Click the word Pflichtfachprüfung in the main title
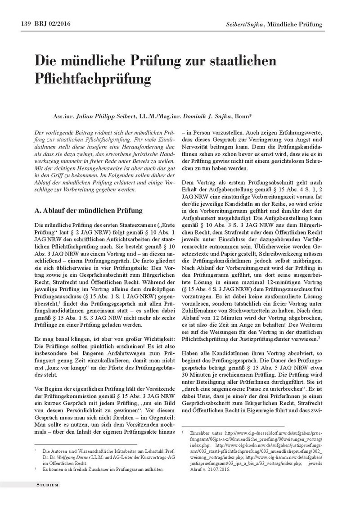[92, 78]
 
